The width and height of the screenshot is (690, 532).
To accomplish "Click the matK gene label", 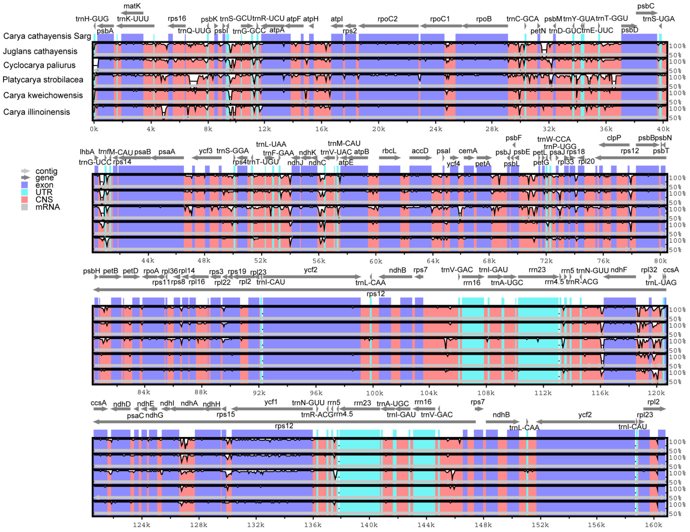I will pyautogui.click(x=132, y=6).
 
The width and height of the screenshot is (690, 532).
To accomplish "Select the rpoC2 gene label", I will pyautogui.click(x=387, y=19).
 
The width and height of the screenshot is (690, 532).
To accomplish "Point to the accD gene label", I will pyautogui.click(x=420, y=151).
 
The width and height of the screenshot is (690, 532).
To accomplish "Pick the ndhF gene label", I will pyautogui.click(x=619, y=270).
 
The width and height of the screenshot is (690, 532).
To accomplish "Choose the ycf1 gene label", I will pyautogui.click(x=271, y=402).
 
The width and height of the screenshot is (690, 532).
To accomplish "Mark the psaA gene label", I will pyautogui.click(x=167, y=152).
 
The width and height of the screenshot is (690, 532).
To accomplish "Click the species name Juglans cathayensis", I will pyautogui.click(x=40, y=51).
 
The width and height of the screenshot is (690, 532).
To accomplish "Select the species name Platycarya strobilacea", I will pyautogui.click(x=43, y=80).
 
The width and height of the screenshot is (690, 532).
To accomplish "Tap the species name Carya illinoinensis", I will pyautogui.click(x=37, y=112).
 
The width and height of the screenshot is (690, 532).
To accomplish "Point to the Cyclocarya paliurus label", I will pyautogui.click(x=40, y=65).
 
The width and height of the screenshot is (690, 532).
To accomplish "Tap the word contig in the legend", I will pyautogui.click(x=46, y=171).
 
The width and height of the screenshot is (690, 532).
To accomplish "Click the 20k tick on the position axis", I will pyautogui.click(x=378, y=129).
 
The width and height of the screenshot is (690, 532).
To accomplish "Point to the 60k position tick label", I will pyautogui.click(x=376, y=261).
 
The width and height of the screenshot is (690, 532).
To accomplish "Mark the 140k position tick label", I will pyautogui.click(x=369, y=525).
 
